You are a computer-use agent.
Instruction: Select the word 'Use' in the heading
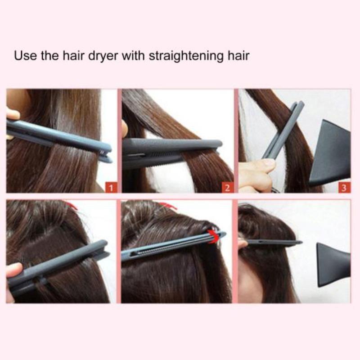[23, 57]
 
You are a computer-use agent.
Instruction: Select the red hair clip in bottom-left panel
[71, 205]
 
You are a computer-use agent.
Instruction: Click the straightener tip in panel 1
[106, 153]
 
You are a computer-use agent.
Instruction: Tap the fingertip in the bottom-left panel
[13, 269]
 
